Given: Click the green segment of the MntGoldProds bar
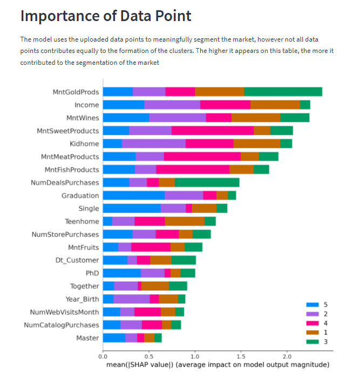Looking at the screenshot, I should (283, 92).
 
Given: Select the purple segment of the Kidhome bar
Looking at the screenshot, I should (154, 144).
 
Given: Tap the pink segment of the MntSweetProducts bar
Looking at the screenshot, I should (213, 131).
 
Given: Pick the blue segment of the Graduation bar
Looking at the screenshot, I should (134, 196).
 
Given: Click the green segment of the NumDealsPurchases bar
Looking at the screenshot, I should (207, 183).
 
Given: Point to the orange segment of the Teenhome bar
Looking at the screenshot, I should (185, 221).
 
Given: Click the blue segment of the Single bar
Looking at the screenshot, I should (132, 208).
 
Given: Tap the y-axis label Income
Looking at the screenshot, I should (86, 105).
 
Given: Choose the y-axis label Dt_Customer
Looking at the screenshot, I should (78, 260).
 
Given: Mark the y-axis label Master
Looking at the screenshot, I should (87, 338).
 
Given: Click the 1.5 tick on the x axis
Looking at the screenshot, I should (241, 356).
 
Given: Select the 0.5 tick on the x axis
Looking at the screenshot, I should (149, 356).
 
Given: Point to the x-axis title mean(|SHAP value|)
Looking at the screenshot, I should (142, 365).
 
